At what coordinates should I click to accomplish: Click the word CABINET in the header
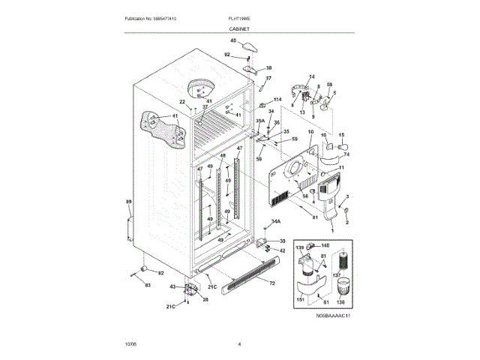point(239,28)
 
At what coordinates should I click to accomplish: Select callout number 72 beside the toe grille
point(271,283)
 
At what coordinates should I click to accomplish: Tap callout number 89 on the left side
point(128,202)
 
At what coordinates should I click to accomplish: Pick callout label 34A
point(275,222)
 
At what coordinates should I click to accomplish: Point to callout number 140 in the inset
point(325,245)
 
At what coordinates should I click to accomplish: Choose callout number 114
point(277,99)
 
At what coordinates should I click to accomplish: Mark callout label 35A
point(260,120)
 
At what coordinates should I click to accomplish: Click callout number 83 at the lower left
point(148,285)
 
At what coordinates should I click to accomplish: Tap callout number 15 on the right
point(340,136)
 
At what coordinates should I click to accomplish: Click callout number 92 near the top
point(228,54)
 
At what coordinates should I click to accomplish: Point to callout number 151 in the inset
point(301,299)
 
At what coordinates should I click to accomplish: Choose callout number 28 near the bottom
point(205,299)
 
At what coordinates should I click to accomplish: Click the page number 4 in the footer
point(239,344)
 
